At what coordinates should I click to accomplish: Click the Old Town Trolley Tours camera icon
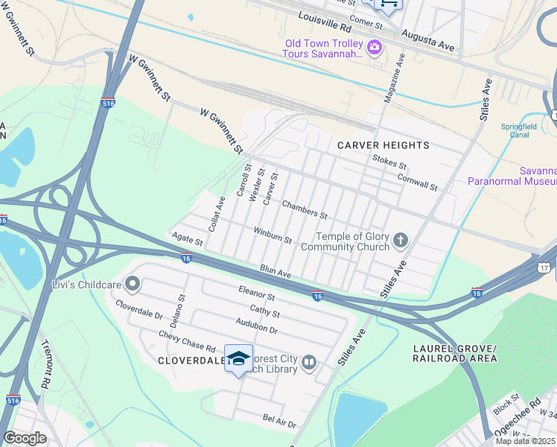(375, 49)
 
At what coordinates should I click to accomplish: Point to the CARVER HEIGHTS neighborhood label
(383, 145)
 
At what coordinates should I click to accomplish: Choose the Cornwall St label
(417, 181)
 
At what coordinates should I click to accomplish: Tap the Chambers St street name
(305, 209)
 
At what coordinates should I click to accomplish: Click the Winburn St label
(273, 235)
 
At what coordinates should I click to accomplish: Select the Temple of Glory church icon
(401, 240)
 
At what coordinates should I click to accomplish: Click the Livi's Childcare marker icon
(133, 284)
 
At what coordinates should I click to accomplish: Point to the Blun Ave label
(276, 272)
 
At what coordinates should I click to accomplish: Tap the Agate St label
(188, 239)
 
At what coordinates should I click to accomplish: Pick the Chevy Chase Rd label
(187, 342)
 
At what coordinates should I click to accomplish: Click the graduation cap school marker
(238, 359)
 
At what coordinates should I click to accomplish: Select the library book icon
(309, 364)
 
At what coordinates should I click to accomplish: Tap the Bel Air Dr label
(279, 421)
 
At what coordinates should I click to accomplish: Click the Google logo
(25, 438)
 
